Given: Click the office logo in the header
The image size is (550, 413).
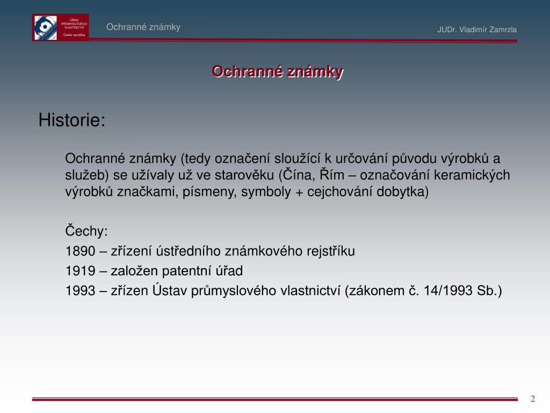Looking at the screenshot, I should [x=60, y=27].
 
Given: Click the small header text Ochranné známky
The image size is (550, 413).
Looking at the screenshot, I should [x=143, y=27].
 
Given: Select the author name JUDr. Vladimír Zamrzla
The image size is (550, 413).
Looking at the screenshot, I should [x=477, y=30].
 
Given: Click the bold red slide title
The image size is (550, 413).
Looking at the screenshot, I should [x=277, y=71].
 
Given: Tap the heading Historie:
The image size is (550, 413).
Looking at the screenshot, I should [x=71, y=120].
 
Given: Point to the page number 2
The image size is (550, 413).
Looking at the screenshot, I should [x=533, y=398].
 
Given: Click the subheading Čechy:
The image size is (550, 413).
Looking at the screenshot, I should [x=86, y=231].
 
